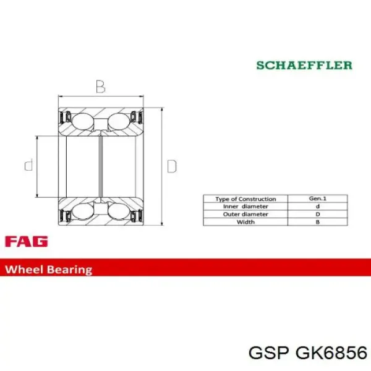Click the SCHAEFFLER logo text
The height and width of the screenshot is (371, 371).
tap(305, 65)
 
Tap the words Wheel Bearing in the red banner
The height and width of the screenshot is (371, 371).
tap(49, 270)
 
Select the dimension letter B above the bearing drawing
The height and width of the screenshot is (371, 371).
tap(100, 87)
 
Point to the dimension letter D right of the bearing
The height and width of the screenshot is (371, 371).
tap(172, 166)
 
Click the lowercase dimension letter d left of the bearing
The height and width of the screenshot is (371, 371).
tap(28, 165)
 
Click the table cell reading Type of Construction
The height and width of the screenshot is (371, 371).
tap(245, 199)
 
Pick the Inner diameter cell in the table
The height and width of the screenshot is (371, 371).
tap(245, 207)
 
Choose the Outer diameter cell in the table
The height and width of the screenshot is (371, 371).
tap(245, 214)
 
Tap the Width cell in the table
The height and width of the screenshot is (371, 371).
tap(245, 221)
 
